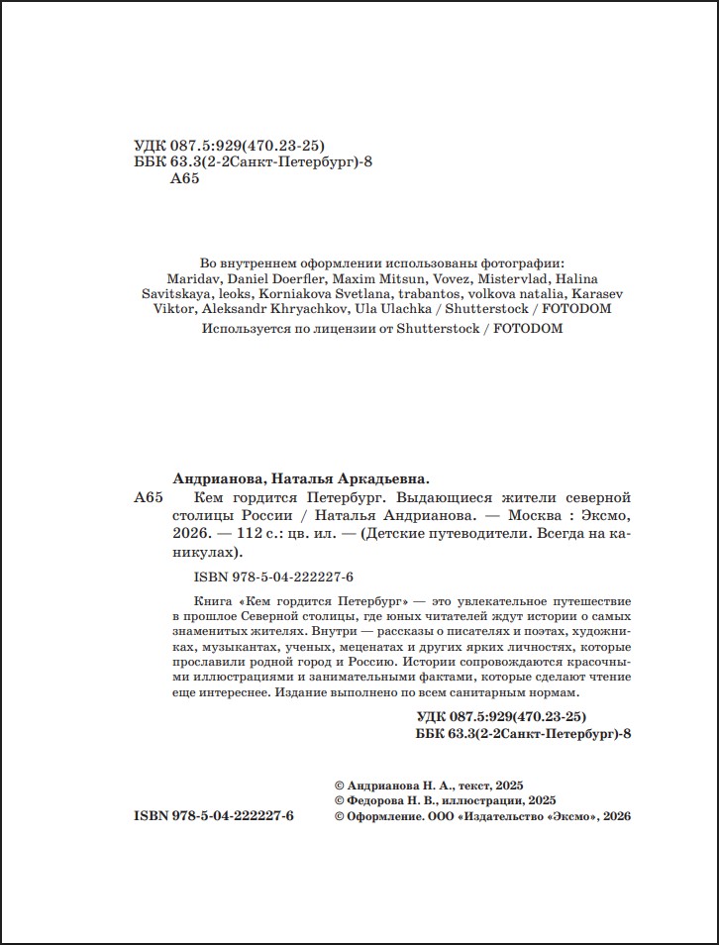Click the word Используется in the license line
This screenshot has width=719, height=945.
pyautogui.click(x=241, y=328)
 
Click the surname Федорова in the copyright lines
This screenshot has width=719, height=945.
pyautogui.click(x=378, y=799)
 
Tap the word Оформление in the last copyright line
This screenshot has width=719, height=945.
pyautogui.click(x=384, y=816)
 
